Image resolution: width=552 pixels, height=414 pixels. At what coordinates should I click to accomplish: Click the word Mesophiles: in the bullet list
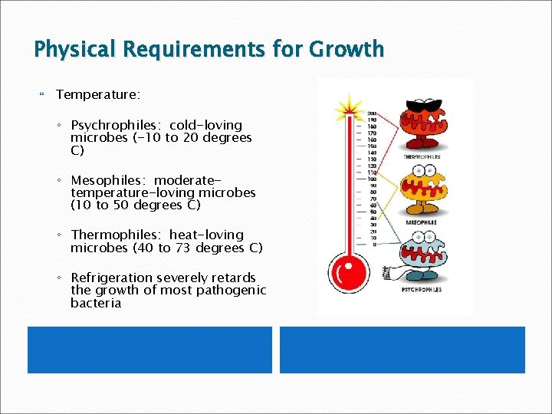click(110, 180)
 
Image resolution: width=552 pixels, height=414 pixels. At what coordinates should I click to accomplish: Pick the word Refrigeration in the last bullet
click(111, 278)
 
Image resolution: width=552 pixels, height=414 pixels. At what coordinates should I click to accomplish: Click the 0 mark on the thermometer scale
click(373, 245)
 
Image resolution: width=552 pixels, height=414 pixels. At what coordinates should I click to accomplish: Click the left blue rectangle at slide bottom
click(150, 350)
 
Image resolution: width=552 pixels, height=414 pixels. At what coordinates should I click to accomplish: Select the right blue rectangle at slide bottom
click(402, 350)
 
